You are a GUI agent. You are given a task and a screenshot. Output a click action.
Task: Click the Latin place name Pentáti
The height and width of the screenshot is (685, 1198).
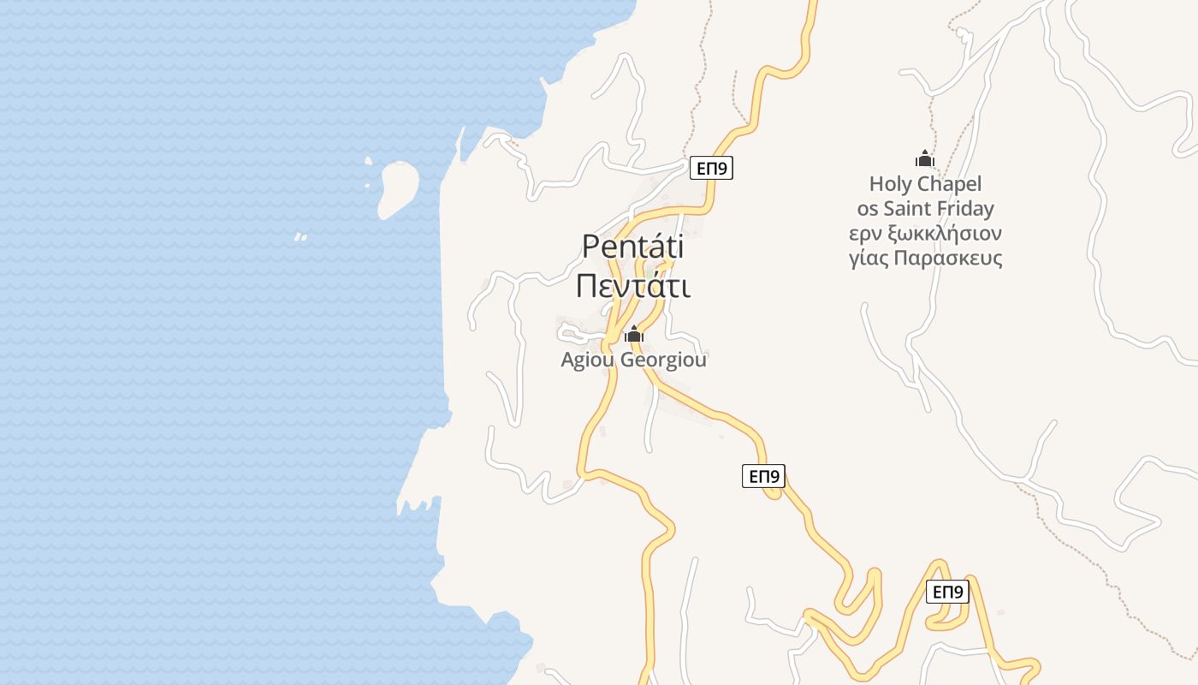tap(633, 247)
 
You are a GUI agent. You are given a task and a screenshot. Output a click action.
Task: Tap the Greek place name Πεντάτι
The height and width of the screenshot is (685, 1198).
tap(633, 286)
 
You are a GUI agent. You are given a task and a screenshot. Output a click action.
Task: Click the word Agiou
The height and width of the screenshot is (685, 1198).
tap(587, 360)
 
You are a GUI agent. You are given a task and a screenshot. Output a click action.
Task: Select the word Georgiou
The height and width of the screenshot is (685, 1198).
tap(664, 360)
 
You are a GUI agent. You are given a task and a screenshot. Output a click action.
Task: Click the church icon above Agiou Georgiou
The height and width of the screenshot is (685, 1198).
tap(633, 334)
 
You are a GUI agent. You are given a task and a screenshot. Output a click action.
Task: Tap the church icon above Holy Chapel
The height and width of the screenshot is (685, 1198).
tap(924, 158)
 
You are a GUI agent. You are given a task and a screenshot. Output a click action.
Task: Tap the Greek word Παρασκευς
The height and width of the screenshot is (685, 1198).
tap(952, 259)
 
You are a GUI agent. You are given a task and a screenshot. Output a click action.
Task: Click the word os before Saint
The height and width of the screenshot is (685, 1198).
tap(867, 209)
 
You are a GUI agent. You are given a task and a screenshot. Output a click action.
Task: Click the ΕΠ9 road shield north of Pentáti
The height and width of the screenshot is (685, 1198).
tap(712, 169)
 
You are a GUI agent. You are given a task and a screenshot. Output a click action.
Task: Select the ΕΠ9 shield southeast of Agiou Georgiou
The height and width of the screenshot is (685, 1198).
tap(763, 476)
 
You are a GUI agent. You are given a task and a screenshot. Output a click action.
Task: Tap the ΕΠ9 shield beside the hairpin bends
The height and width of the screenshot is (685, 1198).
tap(947, 592)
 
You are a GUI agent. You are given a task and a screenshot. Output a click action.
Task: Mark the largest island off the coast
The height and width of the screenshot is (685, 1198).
tap(399, 189)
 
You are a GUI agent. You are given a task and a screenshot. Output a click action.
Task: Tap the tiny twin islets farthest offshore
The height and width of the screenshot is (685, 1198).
tap(300, 237)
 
